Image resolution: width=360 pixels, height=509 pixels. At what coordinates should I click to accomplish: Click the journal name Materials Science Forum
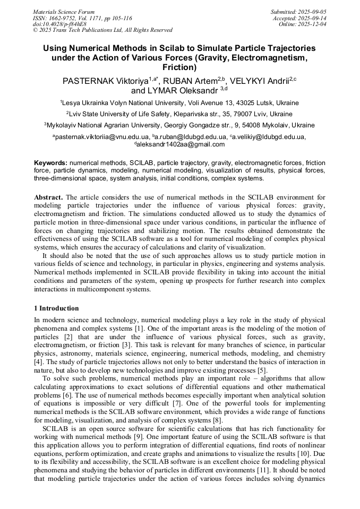pyautogui.click(x=64, y=12)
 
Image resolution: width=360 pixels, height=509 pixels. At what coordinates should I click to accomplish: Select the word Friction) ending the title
pyautogui.click(x=179, y=67)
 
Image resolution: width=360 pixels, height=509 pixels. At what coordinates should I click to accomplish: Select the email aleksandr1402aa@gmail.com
pyautogui.click(x=181, y=144)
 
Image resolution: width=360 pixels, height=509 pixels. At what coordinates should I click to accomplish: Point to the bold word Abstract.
pyautogui.click(x=48, y=197)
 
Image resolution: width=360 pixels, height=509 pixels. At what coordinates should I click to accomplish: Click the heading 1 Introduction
pyautogui.click(x=56, y=308)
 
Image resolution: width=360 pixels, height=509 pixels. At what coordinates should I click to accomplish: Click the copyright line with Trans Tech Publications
pyautogui.click(x=102, y=30)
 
